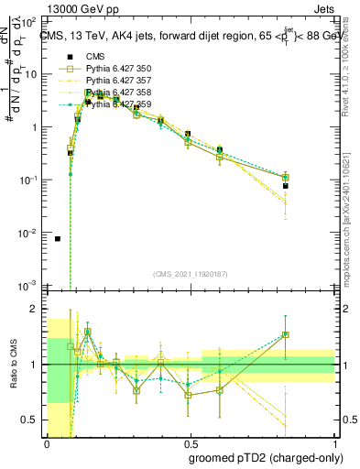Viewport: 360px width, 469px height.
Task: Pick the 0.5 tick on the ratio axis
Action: pos(34,420)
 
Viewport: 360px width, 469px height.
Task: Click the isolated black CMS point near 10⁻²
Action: pos(58,238)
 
